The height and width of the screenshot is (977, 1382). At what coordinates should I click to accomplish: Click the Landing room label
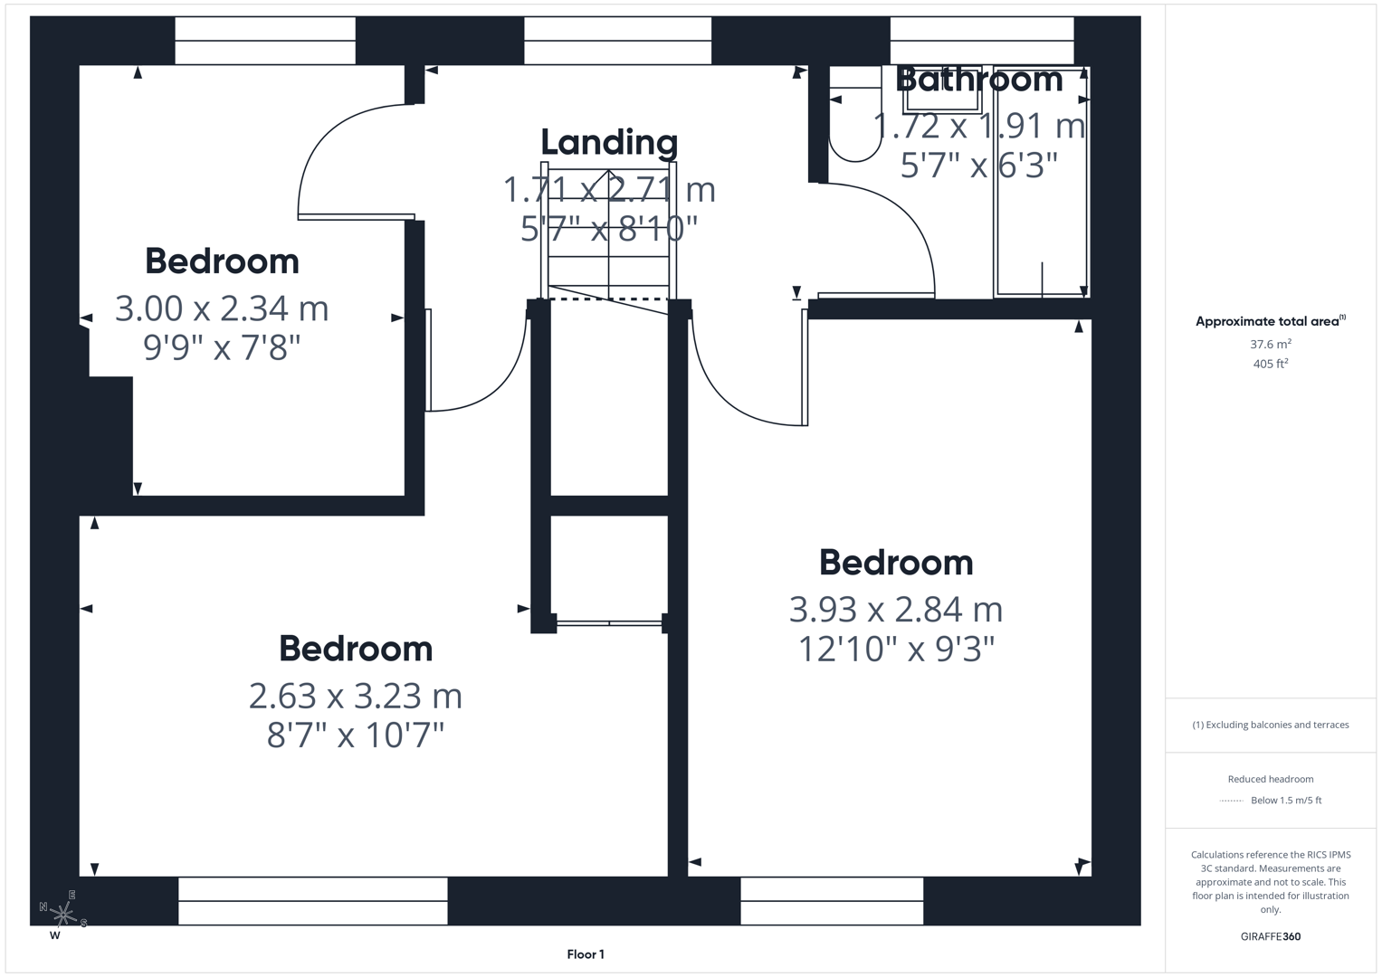tap(609, 143)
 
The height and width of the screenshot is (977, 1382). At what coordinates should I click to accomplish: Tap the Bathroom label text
tap(978, 80)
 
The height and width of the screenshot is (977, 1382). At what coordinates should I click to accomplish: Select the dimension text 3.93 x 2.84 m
tap(895, 610)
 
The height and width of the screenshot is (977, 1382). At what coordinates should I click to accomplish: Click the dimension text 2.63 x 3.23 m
tap(355, 696)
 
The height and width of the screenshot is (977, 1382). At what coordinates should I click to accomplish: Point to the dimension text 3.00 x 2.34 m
tap(222, 308)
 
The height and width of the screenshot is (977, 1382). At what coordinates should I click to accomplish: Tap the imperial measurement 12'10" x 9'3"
tap(895, 649)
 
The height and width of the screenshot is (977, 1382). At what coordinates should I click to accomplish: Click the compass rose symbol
tap(62, 915)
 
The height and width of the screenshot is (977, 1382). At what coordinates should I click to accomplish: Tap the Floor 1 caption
tap(586, 954)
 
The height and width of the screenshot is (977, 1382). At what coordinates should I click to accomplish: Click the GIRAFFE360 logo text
tap(1270, 936)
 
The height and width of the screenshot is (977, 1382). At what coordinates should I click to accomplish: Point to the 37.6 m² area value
tap(1270, 344)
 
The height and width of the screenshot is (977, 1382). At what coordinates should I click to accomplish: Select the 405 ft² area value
tap(1270, 364)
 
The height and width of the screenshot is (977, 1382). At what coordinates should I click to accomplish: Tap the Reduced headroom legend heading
tap(1270, 779)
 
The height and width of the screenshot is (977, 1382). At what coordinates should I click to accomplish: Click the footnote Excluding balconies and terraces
tap(1270, 725)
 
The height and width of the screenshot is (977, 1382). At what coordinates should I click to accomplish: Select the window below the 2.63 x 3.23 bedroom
tap(312, 901)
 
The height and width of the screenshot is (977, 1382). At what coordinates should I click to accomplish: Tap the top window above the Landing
tap(617, 41)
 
